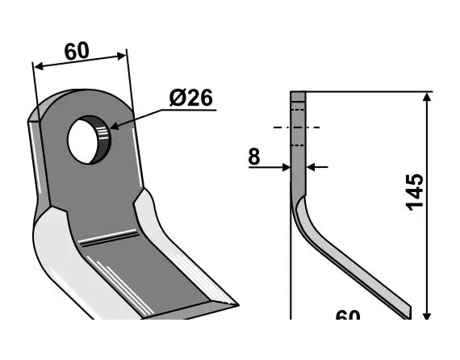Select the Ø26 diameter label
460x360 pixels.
click(x=190, y=98)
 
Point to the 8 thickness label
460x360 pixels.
click(x=253, y=156)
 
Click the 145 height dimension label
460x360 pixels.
click(x=414, y=190)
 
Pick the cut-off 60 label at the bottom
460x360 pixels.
click(x=348, y=316)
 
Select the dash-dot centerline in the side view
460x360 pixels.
click(x=297, y=128)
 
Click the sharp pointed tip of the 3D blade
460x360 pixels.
click(x=234, y=305)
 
